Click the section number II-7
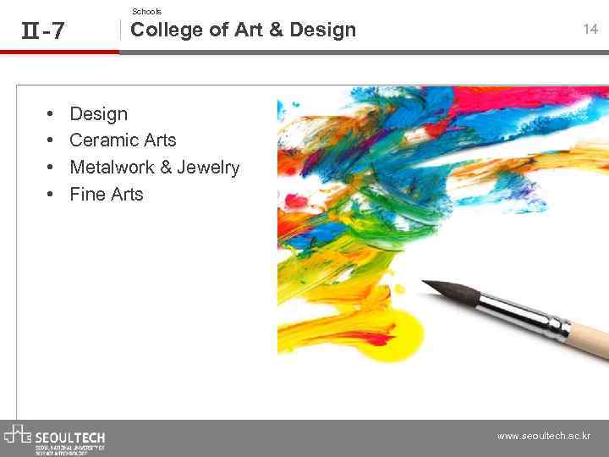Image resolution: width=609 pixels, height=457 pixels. point(42,31)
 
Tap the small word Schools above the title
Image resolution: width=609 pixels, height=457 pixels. point(146,11)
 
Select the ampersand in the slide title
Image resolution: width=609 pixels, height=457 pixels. point(276,30)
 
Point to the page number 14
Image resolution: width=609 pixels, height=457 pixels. point(590,30)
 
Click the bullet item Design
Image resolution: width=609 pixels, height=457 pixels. point(98,114)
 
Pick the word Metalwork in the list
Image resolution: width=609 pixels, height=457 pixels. point(112,168)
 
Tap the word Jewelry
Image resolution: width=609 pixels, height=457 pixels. point(208,168)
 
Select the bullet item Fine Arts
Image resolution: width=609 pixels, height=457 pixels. point(107,195)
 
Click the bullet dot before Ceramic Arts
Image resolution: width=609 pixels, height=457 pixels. point(52,140)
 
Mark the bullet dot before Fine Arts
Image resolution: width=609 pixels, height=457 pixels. point(52,195)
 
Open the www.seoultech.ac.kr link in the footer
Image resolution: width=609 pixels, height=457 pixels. point(544,437)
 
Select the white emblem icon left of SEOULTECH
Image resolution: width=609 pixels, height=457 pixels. point(18,435)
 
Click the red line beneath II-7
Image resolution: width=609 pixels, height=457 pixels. point(59,52)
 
